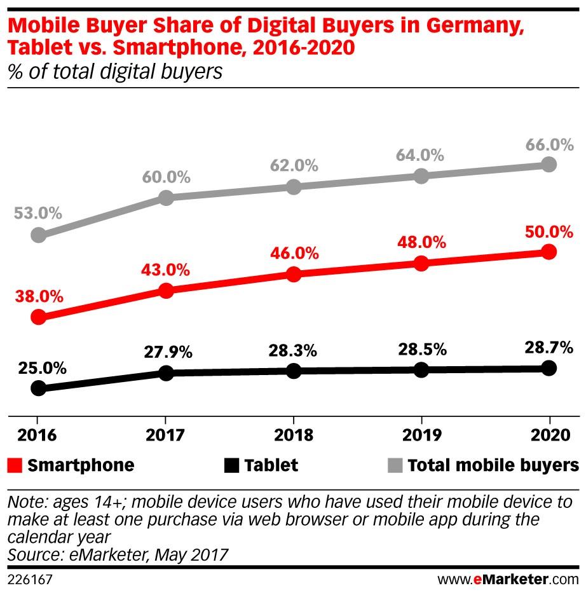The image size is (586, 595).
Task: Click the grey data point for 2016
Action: click(x=38, y=235)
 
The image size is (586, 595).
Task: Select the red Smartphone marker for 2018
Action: click(x=294, y=274)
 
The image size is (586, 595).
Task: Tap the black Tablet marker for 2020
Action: click(x=549, y=367)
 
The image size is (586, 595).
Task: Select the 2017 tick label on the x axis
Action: click(x=165, y=435)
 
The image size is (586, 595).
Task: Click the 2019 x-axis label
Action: click(x=421, y=435)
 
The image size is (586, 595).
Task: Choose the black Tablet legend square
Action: click(x=232, y=465)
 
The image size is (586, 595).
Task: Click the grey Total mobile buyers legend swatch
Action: click(x=393, y=465)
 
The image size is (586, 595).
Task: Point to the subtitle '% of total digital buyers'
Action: click(x=114, y=71)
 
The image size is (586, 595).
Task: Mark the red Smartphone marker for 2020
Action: click(x=549, y=252)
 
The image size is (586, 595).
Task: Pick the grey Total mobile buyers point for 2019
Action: click(x=421, y=176)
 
